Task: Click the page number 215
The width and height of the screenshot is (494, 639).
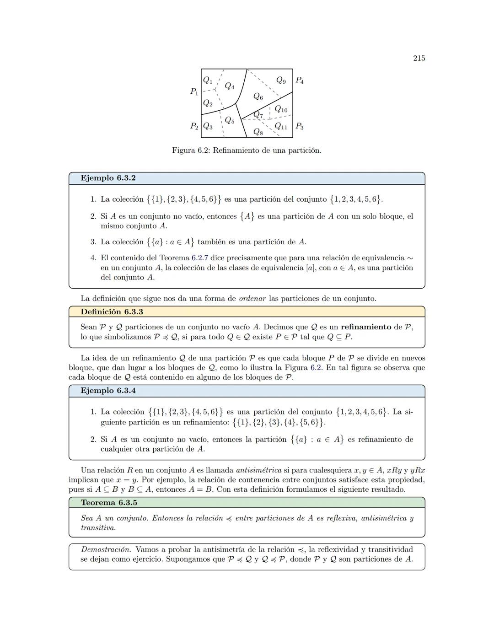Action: (x=419, y=58)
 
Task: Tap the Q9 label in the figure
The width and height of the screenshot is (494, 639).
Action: (x=281, y=81)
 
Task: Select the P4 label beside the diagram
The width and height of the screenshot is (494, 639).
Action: (x=300, y=81)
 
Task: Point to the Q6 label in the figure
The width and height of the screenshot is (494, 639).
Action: (x=258, y=97)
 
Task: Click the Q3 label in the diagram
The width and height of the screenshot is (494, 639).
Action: (x=208, y=126)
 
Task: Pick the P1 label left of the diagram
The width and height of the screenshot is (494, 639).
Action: (x=194, y=91)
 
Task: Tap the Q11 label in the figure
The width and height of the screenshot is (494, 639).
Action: (x=281, y=126)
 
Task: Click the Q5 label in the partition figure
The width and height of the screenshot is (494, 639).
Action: (x=229, y=121)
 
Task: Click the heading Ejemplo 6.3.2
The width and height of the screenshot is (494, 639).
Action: (x=108, y=178)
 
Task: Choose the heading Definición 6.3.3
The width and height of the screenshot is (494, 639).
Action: (x=112, y=311)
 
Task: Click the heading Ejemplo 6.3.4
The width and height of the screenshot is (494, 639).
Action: (x=108, y=391)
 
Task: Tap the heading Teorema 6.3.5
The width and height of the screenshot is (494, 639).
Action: (x=109, y=502)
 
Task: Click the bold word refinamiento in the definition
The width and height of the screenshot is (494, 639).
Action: (x=366, y=327)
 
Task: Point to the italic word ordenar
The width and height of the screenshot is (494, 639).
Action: (x=252, y=299)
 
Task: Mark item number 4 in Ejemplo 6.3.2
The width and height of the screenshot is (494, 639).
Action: (x=93, y=258)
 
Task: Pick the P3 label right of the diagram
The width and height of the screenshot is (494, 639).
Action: (x=300, y=126)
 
